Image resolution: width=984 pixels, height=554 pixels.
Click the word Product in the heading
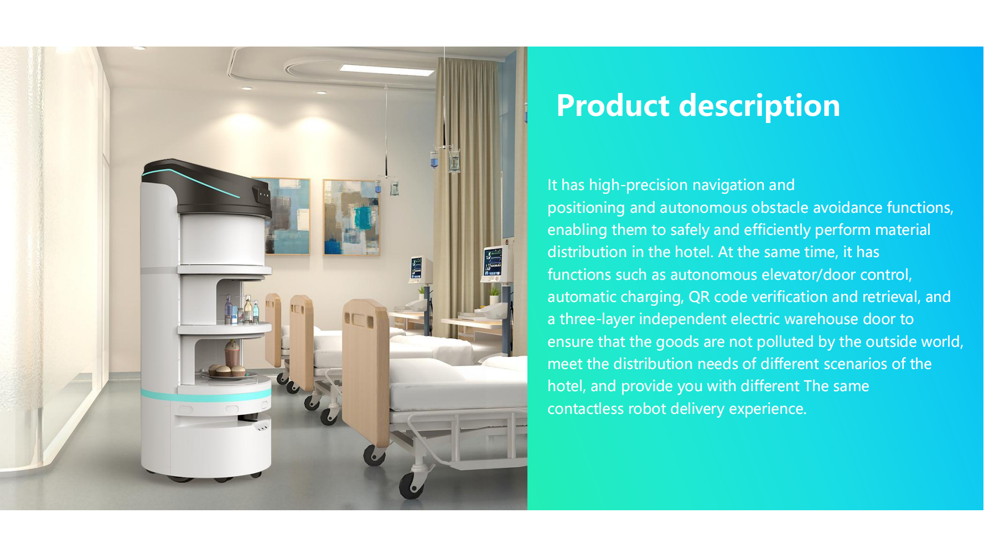click(x=613, y=105)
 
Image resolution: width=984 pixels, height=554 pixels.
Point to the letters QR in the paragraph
click(x=699, y=297)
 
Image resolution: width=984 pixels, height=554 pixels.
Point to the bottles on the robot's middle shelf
click(x=242, y=310)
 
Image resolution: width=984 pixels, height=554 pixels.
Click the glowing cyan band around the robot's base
click(x=205, y=396)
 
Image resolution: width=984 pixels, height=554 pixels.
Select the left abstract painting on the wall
click(x=287, y=216)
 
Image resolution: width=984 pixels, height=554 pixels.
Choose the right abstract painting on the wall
click(x=351, y=217)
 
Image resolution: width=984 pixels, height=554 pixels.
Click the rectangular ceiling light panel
click(x=387, y=70)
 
